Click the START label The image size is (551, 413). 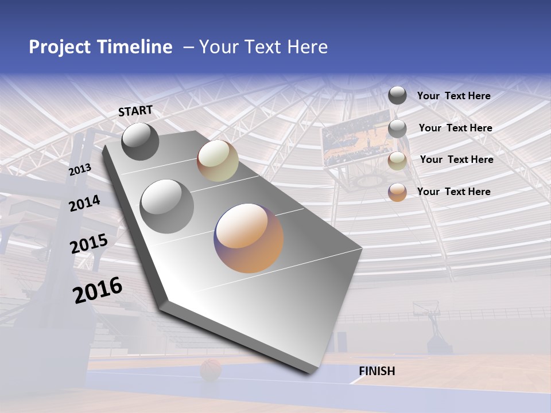point(135,111)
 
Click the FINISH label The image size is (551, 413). point(377,371)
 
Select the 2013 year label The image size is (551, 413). point(80,170)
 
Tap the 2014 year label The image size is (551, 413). point(84,203)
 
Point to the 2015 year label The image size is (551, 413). point(88,244)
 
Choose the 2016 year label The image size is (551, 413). point(98,290)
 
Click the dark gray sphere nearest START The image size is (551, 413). point(140,141)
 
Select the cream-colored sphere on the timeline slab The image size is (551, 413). point(218,161)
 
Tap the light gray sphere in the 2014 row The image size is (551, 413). point(167,206)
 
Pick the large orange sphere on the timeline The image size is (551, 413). point(249,238)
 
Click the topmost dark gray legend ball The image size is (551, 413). point(397,95)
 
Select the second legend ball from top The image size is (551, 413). point(397,128)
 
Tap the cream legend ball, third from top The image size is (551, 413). point(397,160)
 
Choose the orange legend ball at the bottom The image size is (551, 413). point(397,192)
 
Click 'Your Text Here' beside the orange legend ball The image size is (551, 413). point(453,192)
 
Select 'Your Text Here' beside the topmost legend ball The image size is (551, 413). point(453,96)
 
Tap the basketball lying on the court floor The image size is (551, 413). point(211,370)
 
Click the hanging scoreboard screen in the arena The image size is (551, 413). point(351,141)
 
